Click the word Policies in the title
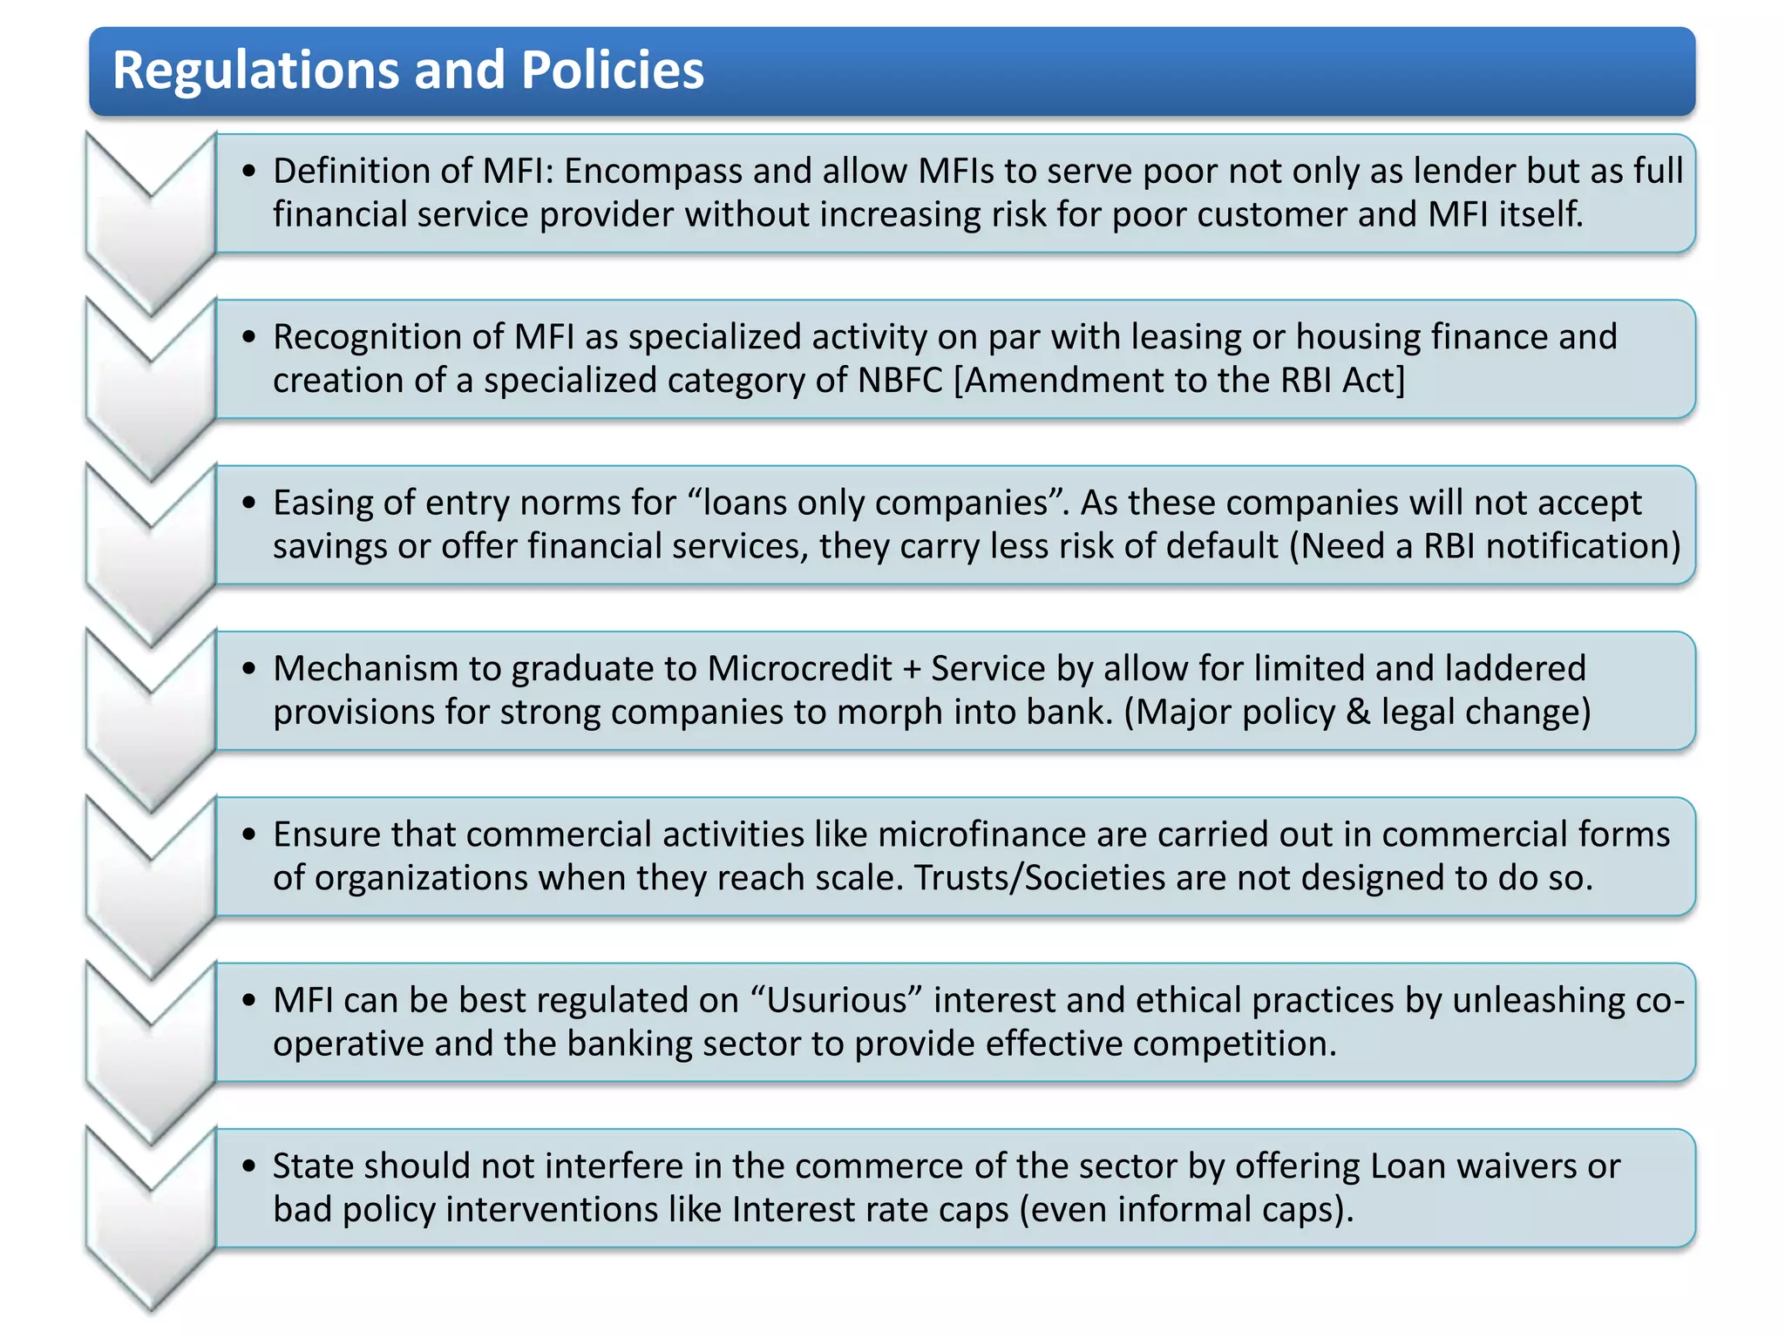click(x=612, y=70)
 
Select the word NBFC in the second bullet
click(x=899, y=381)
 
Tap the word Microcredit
click(x=799, y=669)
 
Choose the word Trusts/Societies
click(x=1039, y=878)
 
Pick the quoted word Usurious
click(x=837, y=1000)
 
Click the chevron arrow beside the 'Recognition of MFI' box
click(x=151, y=383)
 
